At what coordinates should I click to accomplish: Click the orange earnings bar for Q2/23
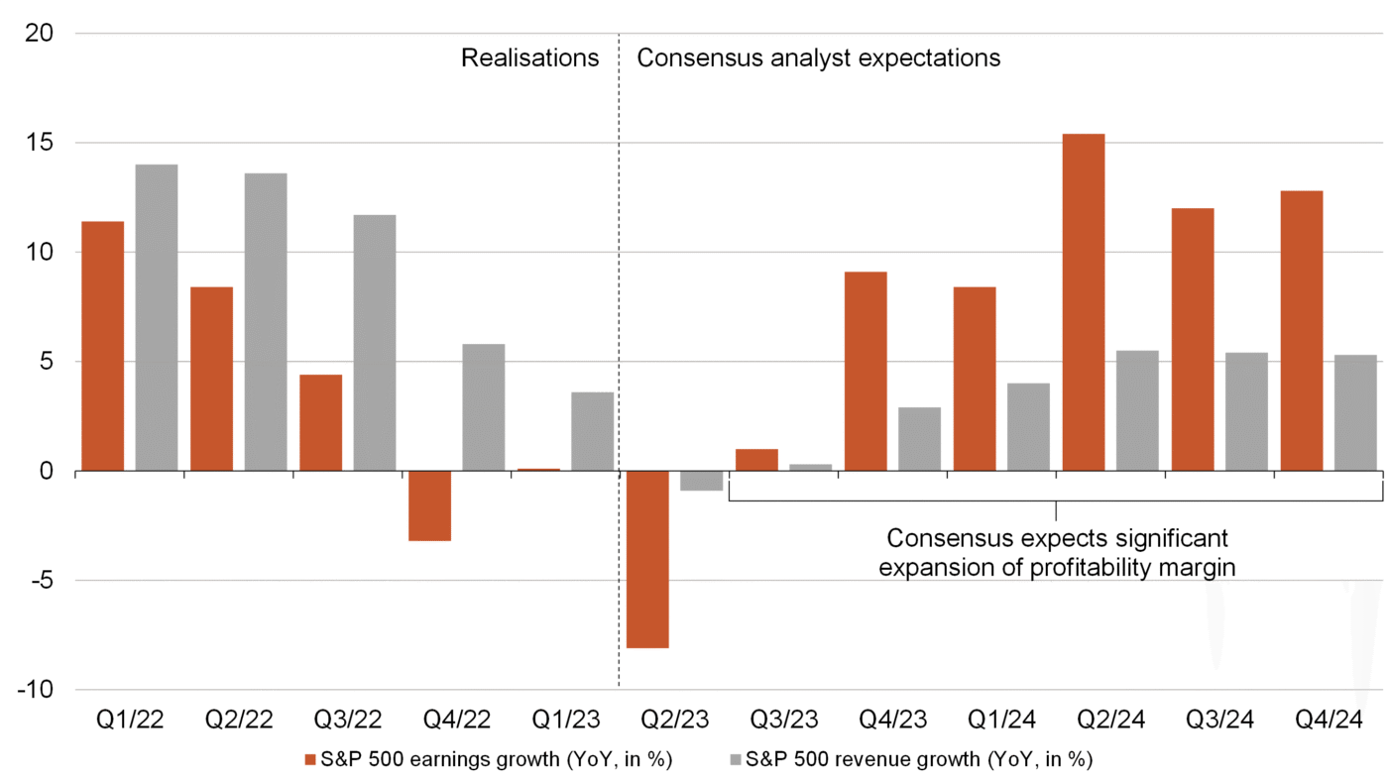[647, 559]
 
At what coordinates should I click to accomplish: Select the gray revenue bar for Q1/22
[157, 317]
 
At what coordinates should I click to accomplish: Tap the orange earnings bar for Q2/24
[1084, 302]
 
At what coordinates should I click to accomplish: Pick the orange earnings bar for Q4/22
[429, 505]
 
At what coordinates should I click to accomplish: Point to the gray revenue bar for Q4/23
[920, 439]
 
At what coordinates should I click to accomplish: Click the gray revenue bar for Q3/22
[375, 343]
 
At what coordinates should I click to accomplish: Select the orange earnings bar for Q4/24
[1302, 331]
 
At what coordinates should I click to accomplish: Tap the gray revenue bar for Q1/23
[593, 431]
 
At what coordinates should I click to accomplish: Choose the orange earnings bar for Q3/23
[756, 460]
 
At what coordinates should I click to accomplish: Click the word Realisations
[530, 58]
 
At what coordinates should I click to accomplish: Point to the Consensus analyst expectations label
[818, 58]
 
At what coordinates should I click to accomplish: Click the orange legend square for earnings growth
[311, 760]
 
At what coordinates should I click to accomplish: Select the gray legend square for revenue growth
[735, 760]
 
